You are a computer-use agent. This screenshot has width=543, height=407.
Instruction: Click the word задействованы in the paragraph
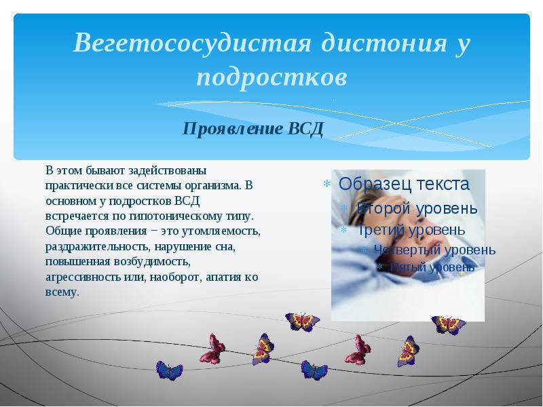tap(168, 171)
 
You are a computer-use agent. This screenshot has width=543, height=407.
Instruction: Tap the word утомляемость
tap(219, 231)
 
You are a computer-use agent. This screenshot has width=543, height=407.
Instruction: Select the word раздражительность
tap(98, 247)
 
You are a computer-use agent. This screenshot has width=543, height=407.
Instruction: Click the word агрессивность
tap(83, 277)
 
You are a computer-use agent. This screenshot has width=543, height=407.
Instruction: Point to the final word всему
tap(62, 292)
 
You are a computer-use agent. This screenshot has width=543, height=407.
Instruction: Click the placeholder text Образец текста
tap(404, 184)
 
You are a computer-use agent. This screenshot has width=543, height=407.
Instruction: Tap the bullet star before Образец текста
tap(327, 185)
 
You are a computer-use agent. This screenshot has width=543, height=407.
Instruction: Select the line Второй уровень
tap(417, 208)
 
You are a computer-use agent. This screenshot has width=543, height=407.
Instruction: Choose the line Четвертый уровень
tap(435, 250)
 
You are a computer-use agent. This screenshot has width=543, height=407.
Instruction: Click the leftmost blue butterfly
tap(169, 370)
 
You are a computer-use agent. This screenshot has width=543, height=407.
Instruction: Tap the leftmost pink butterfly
tap(212, 349)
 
